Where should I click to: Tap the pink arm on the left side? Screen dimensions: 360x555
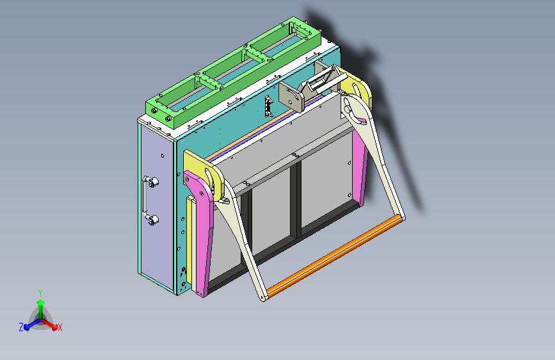pos(204,237)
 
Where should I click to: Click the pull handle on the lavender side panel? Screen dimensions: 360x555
pos(148,201)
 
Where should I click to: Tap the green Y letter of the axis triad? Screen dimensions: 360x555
pos(40,291)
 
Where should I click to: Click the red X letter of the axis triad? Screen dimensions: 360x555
pos(60,327)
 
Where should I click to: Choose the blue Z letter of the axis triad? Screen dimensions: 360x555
pos(21,327)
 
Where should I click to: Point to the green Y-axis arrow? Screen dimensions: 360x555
pos(40,306)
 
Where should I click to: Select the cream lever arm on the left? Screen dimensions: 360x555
pos(244,243)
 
